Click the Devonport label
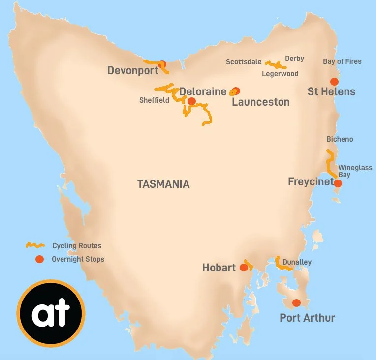133,71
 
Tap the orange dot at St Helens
334,82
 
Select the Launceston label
260,102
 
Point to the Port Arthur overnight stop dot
296,303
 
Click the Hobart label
219,268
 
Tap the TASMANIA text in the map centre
163,184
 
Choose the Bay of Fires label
342,61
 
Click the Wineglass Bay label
355,171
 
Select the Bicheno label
340,139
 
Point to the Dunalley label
297,262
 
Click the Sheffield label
154,100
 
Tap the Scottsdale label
244,62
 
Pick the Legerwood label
280,74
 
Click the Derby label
294,59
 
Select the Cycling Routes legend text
77,245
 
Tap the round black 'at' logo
51,313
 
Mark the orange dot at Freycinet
338,183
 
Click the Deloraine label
203,91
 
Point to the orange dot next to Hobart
244,268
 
